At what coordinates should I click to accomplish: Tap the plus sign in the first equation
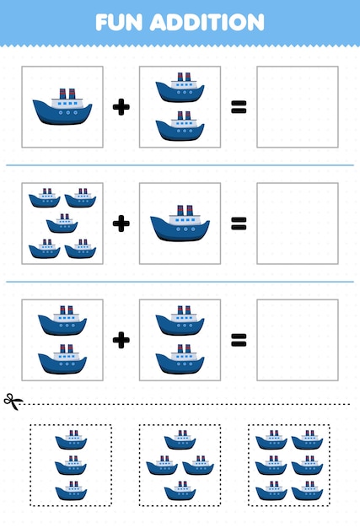pos(121,106)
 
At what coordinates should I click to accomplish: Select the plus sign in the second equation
pos(121,224)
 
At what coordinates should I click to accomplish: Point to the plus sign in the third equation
pos(121,340)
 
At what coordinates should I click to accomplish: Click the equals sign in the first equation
pos(239,106)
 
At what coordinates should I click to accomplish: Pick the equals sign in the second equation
pos(239,224)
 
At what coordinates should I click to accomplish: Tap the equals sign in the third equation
pos(239,340)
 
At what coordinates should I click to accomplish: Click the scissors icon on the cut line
pos(13,401)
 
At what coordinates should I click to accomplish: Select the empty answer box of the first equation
pos(297,107)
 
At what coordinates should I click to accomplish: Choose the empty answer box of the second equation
pos(297,224)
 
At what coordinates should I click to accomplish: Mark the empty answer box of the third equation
pos(297,340)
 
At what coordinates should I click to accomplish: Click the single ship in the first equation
pos(62,107)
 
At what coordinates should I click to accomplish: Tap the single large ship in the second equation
pos(180,224)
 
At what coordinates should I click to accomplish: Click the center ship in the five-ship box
pos(62,224)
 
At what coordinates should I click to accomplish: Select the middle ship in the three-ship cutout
pos(72,465)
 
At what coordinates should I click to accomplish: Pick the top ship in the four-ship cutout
pos(180,439)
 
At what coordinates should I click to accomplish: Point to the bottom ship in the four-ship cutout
pos(180,491)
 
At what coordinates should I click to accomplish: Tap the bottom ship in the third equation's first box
pos(62,360)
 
